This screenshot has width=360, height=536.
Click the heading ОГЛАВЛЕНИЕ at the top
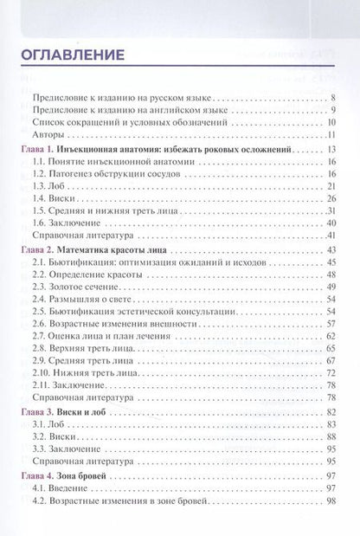(71, 55)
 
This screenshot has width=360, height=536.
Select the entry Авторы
(48, 136)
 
